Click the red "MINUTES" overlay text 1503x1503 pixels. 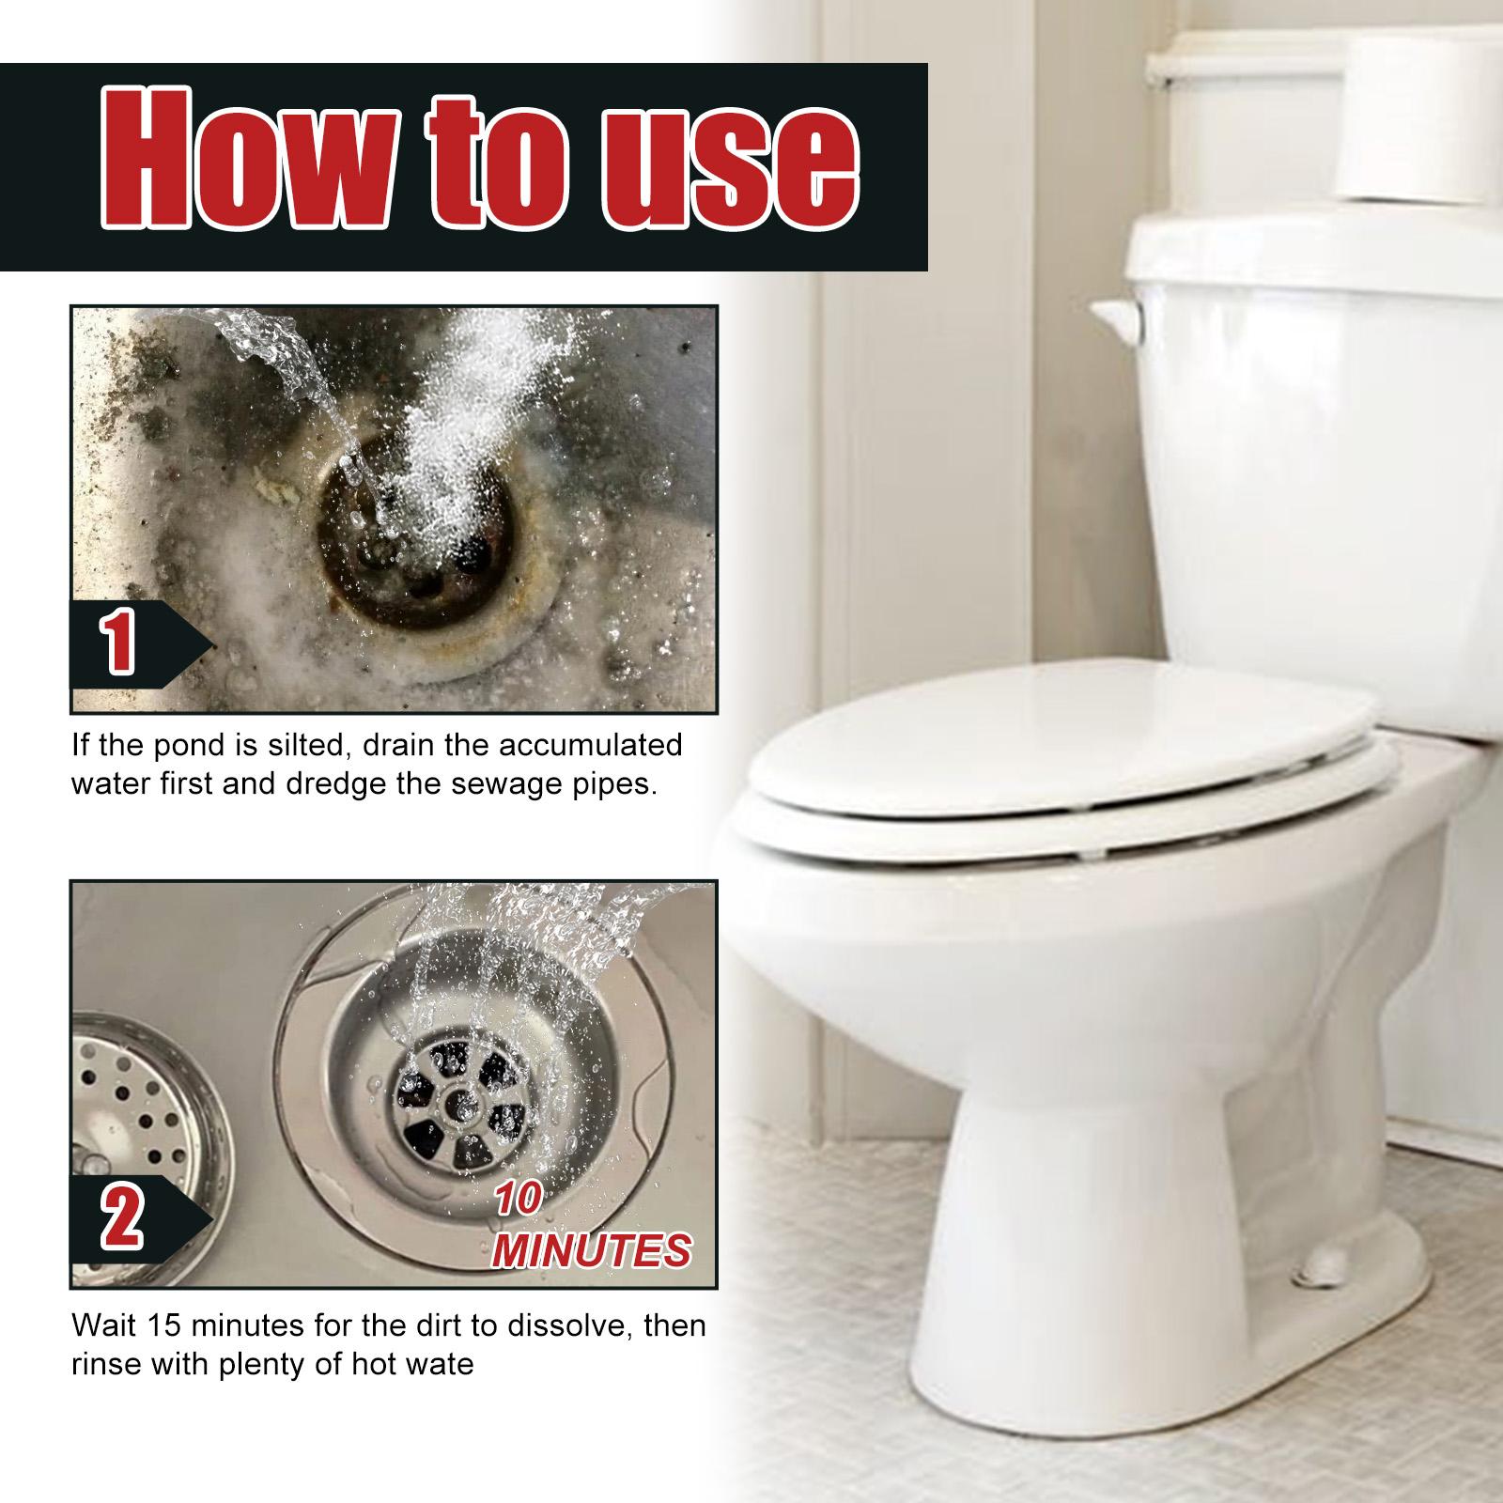tap(593, 1250)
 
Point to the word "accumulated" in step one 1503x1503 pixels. tap(589, 746)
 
